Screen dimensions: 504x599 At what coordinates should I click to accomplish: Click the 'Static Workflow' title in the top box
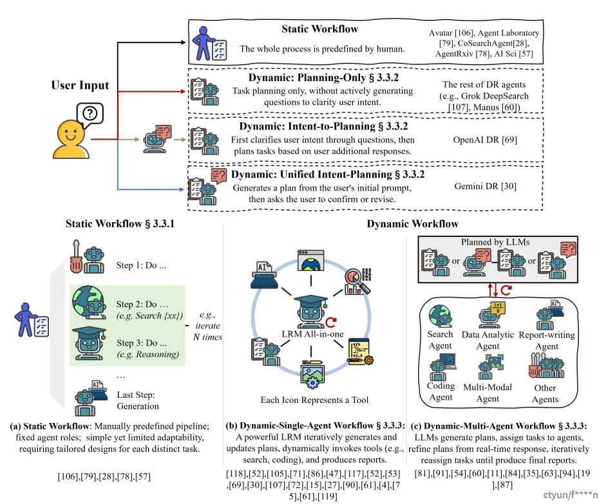319,29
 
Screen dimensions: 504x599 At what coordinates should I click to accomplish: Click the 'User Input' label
81,86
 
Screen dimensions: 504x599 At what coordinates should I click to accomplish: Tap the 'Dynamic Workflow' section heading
412,224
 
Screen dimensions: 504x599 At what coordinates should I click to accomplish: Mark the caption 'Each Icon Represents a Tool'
315,400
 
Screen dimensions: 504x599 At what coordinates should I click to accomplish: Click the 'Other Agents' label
546,393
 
